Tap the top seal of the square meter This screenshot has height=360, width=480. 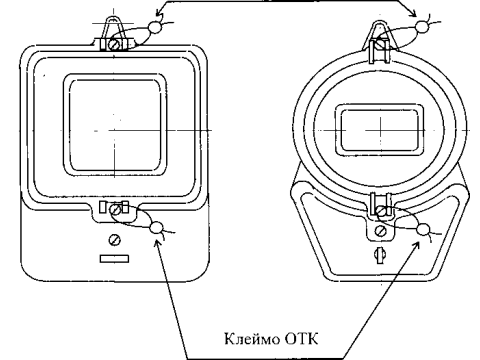click(154, 27)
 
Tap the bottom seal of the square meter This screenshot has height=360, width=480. click(156, 228)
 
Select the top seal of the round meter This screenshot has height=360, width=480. click(422, 27)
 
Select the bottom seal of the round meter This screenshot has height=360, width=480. click(423, 229)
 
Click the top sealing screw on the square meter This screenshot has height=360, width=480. click(113, 44)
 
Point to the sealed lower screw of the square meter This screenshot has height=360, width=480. click(115, 210)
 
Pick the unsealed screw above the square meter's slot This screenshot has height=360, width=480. click(115, 240)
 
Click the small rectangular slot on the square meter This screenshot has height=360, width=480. click(114, 259)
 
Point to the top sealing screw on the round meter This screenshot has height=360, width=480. click(380, 44)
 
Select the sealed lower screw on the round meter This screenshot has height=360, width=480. click(380, 211)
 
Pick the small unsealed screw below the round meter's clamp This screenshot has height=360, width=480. click(380, 230)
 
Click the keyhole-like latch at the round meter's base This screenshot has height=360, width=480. click(380, 254)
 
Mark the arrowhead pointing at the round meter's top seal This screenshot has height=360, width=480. click(413, 14)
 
